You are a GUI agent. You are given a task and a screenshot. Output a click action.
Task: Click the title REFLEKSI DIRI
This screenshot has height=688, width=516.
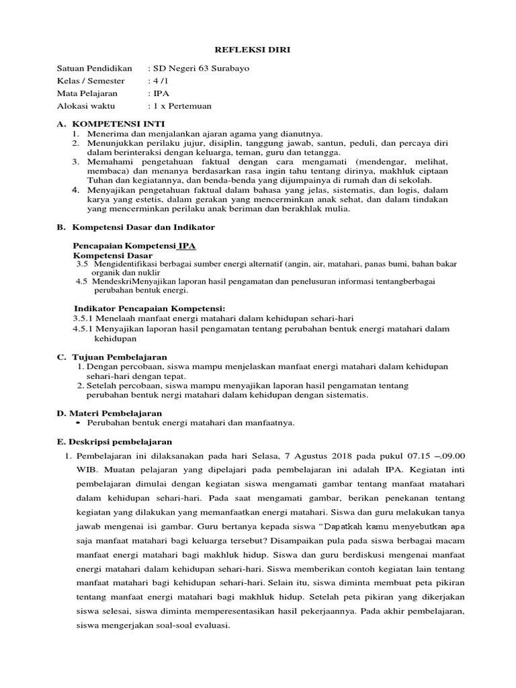(x=257, y=50)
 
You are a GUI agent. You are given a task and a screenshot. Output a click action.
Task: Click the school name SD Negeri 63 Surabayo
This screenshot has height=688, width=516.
(x=191, y=69)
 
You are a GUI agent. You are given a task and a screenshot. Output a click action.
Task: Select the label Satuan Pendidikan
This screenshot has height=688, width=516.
(x=95, y=69)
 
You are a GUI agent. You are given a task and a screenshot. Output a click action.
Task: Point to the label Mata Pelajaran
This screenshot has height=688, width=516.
(x=87, y=94)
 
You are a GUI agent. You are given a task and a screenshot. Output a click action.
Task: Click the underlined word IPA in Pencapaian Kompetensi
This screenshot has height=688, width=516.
(x=187, y=247)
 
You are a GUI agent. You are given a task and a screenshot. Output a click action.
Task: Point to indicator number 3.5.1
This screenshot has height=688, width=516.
(x=83, y=317)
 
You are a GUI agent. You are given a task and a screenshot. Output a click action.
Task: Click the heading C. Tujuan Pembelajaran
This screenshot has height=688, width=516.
(x=112, y=357)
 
